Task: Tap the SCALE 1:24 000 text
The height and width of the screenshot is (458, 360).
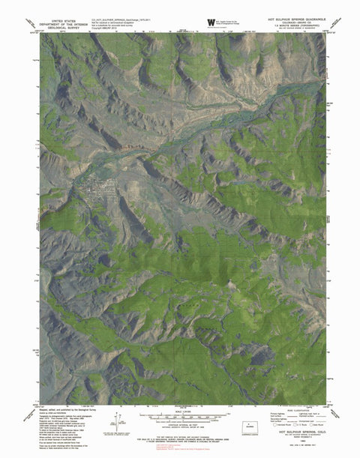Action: (181, 409)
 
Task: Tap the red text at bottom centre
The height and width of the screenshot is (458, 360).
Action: (181, 442)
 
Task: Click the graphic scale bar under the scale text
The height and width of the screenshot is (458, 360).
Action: (181, 417)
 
